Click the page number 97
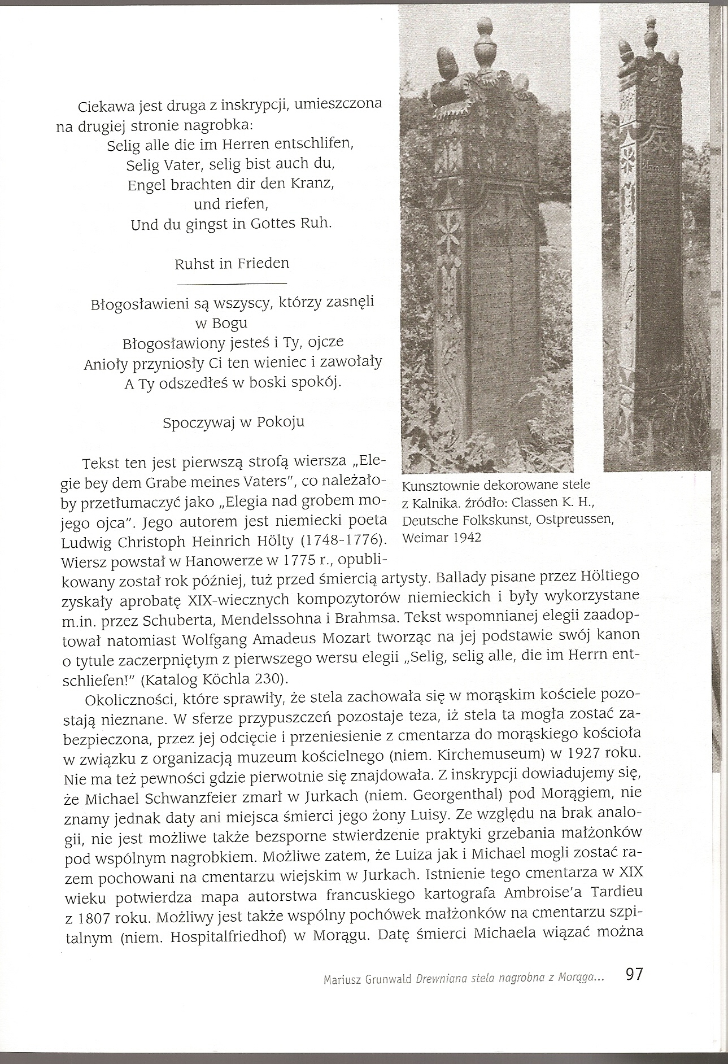pyautogui.click(x=634, y=991)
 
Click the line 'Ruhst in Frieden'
pyautogui.click(x=232, y=263)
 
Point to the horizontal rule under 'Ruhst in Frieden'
pyautogui.click(x=232, y=282)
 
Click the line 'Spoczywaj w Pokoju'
pyautogui.click(x=233, y=422)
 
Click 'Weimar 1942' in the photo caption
pyautogui.click(x=441, y=537)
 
